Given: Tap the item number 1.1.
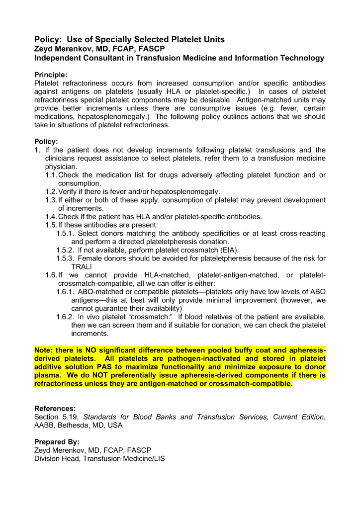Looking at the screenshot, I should [x=51, y=175].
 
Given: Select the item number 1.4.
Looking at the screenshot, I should [x=51, y=217].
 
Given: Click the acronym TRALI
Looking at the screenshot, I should [x=83, y=267].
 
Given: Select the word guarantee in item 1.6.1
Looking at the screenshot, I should [x=110, y=309].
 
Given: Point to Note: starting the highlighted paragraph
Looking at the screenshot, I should [x=45, y=350].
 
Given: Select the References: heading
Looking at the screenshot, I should [x=55, y=409].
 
